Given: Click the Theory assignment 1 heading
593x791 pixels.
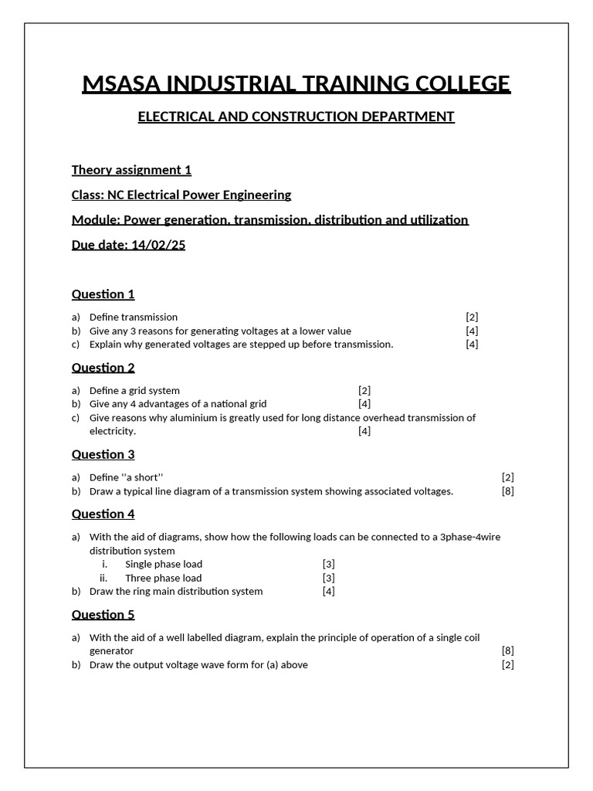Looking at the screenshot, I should click(131, 170).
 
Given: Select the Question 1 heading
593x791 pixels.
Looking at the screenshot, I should click(103, 294).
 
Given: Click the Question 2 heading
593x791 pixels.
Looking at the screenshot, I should click(103, 367).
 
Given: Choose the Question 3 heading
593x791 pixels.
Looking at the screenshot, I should click(103, 454).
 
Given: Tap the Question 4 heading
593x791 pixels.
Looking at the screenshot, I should click(103, 514).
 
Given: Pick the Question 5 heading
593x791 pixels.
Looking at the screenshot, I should click(103, 614).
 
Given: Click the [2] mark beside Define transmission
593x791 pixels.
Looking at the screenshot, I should click(472, 317).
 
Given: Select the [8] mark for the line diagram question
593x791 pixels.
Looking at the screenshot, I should click(507, 491).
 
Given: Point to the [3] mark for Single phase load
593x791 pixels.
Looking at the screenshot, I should click(328, 564).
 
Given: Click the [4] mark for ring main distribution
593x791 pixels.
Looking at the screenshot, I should click(328, 591).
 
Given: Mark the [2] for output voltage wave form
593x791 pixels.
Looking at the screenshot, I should click(507, 664).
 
